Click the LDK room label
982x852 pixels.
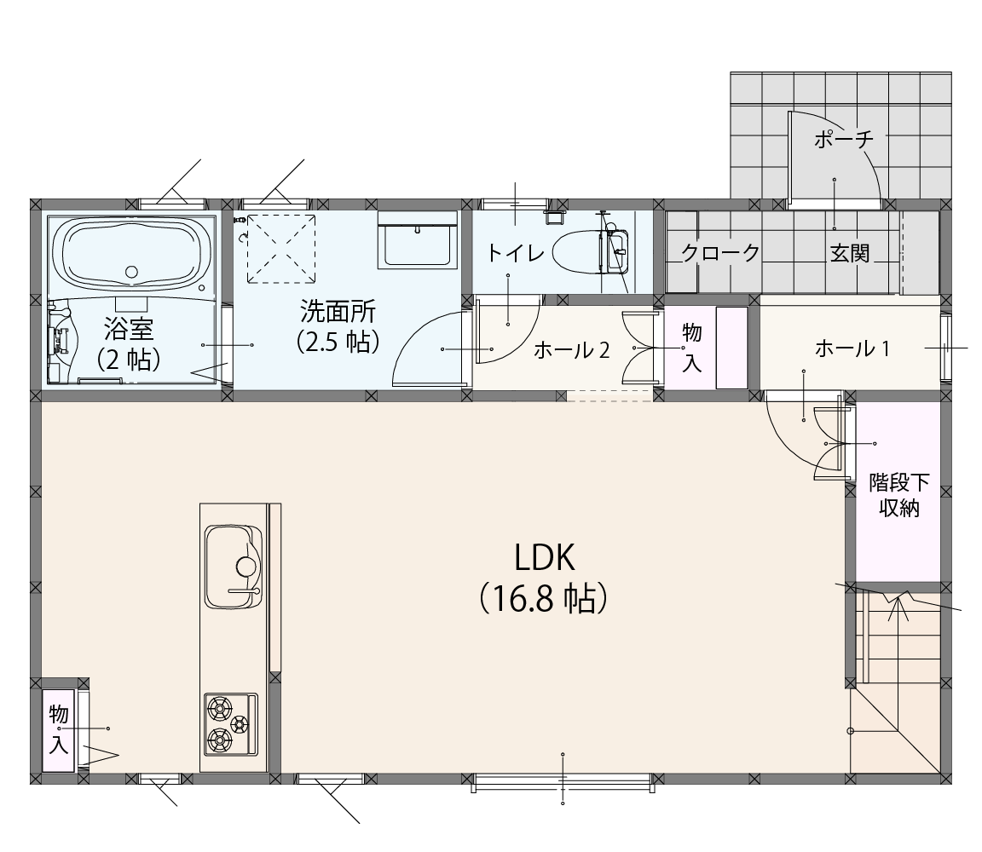(x=544, y=557)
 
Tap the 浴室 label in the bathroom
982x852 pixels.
(x=129, y=327)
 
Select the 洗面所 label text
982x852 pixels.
(x=338, y=311)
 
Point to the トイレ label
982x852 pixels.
(x=516, y=253)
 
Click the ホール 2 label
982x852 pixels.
(x=571, y=350)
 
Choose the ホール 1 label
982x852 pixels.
(x=852, y=348)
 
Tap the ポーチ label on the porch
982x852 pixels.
(x=843, y=138)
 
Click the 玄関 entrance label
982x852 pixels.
(x=850, y=254)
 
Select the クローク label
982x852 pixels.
(x=720, y=253)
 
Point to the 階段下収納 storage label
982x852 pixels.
(x=899, y=495)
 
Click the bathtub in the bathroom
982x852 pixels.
(x=131, y=255)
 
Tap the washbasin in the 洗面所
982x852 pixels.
(x=419, y=239)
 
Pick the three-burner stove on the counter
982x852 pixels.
(x=230, y=724)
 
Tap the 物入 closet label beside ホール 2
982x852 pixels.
(x=691, y=348)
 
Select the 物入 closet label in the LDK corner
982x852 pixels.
(x=59, y=728)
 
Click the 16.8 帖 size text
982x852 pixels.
(x=544, y=599)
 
